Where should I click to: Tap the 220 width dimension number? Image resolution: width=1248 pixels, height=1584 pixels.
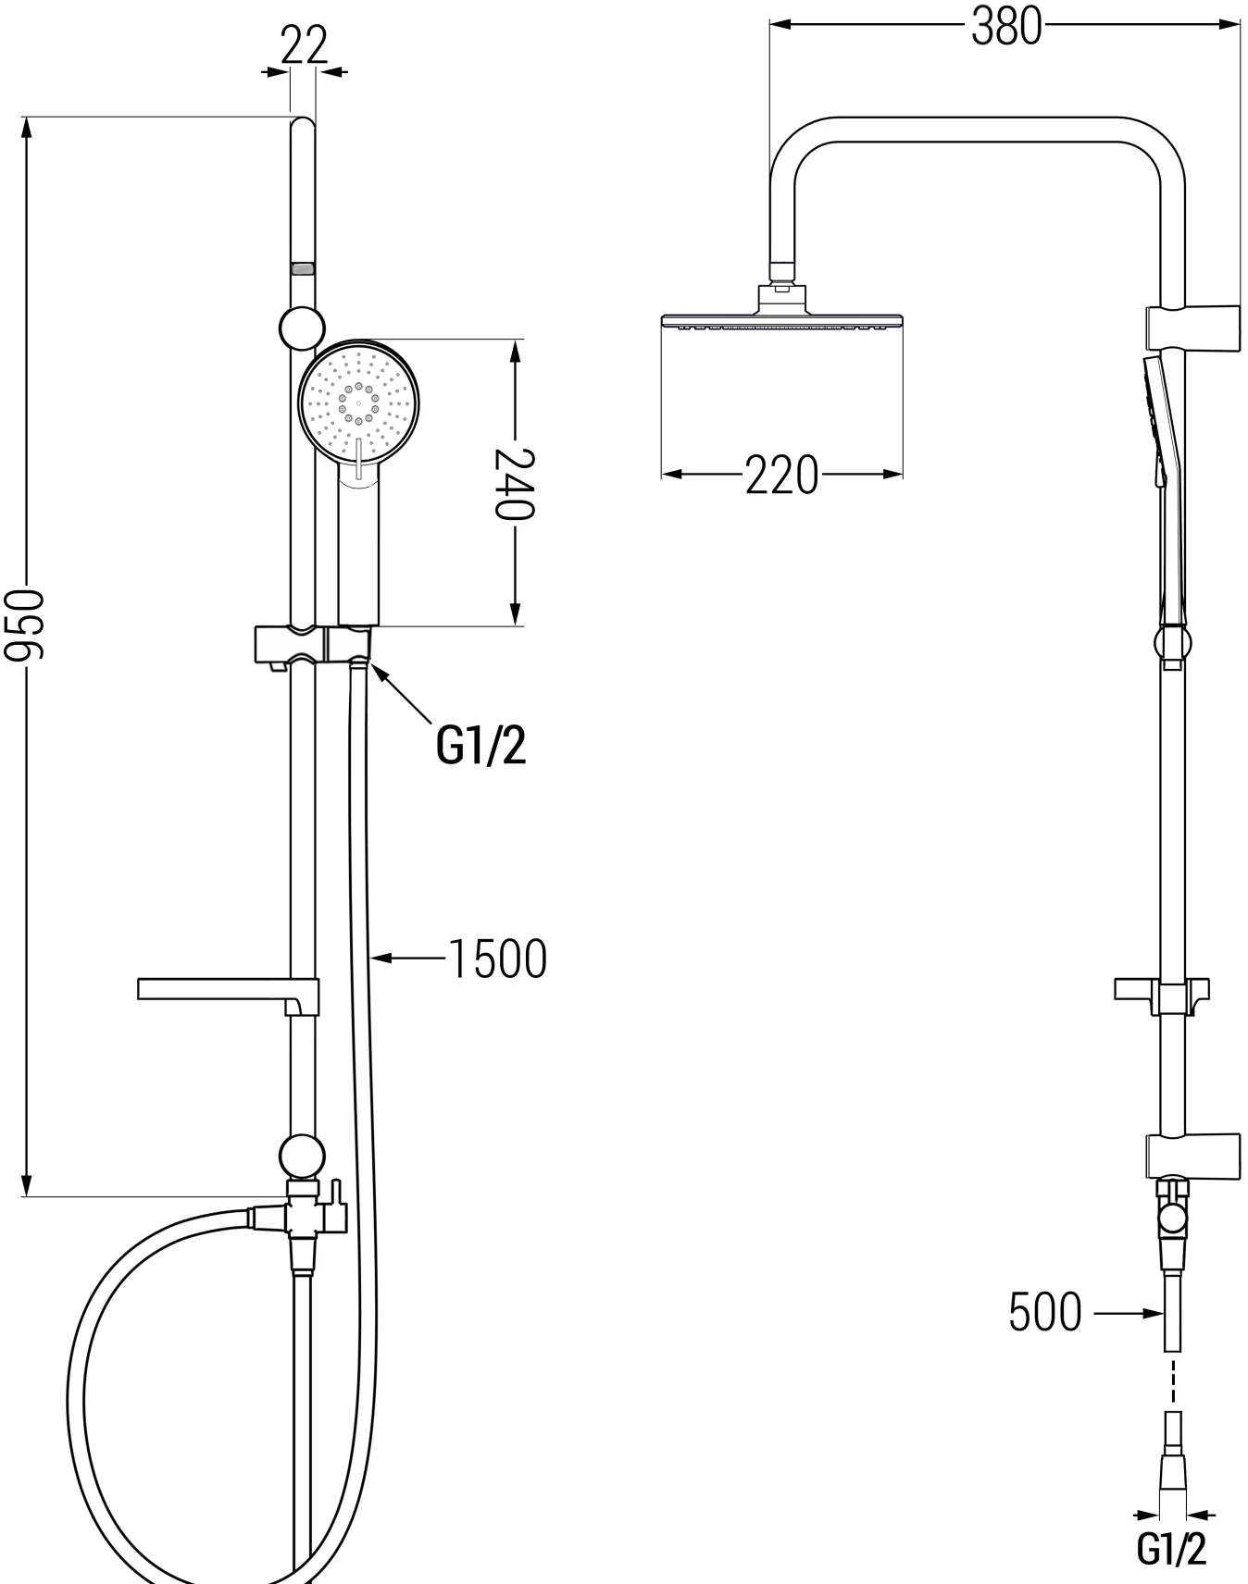coord(781,476)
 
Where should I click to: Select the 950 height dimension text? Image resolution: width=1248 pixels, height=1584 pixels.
coord(24,625)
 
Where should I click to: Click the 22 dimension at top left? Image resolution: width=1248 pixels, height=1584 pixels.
coord(304,44)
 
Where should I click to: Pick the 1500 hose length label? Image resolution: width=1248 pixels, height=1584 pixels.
coord(498,959)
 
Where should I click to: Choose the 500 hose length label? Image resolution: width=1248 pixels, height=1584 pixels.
coord(1045,1312)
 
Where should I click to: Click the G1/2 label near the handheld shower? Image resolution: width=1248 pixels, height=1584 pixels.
coord(480,745)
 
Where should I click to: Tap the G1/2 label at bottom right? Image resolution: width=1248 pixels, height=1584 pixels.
coord(1171,1548)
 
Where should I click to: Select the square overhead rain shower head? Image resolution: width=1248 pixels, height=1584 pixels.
coord(781,320)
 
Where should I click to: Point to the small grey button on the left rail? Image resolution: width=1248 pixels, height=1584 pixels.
coord(303,269)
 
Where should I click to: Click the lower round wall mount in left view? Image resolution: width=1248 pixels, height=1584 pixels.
coord(302,1156)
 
